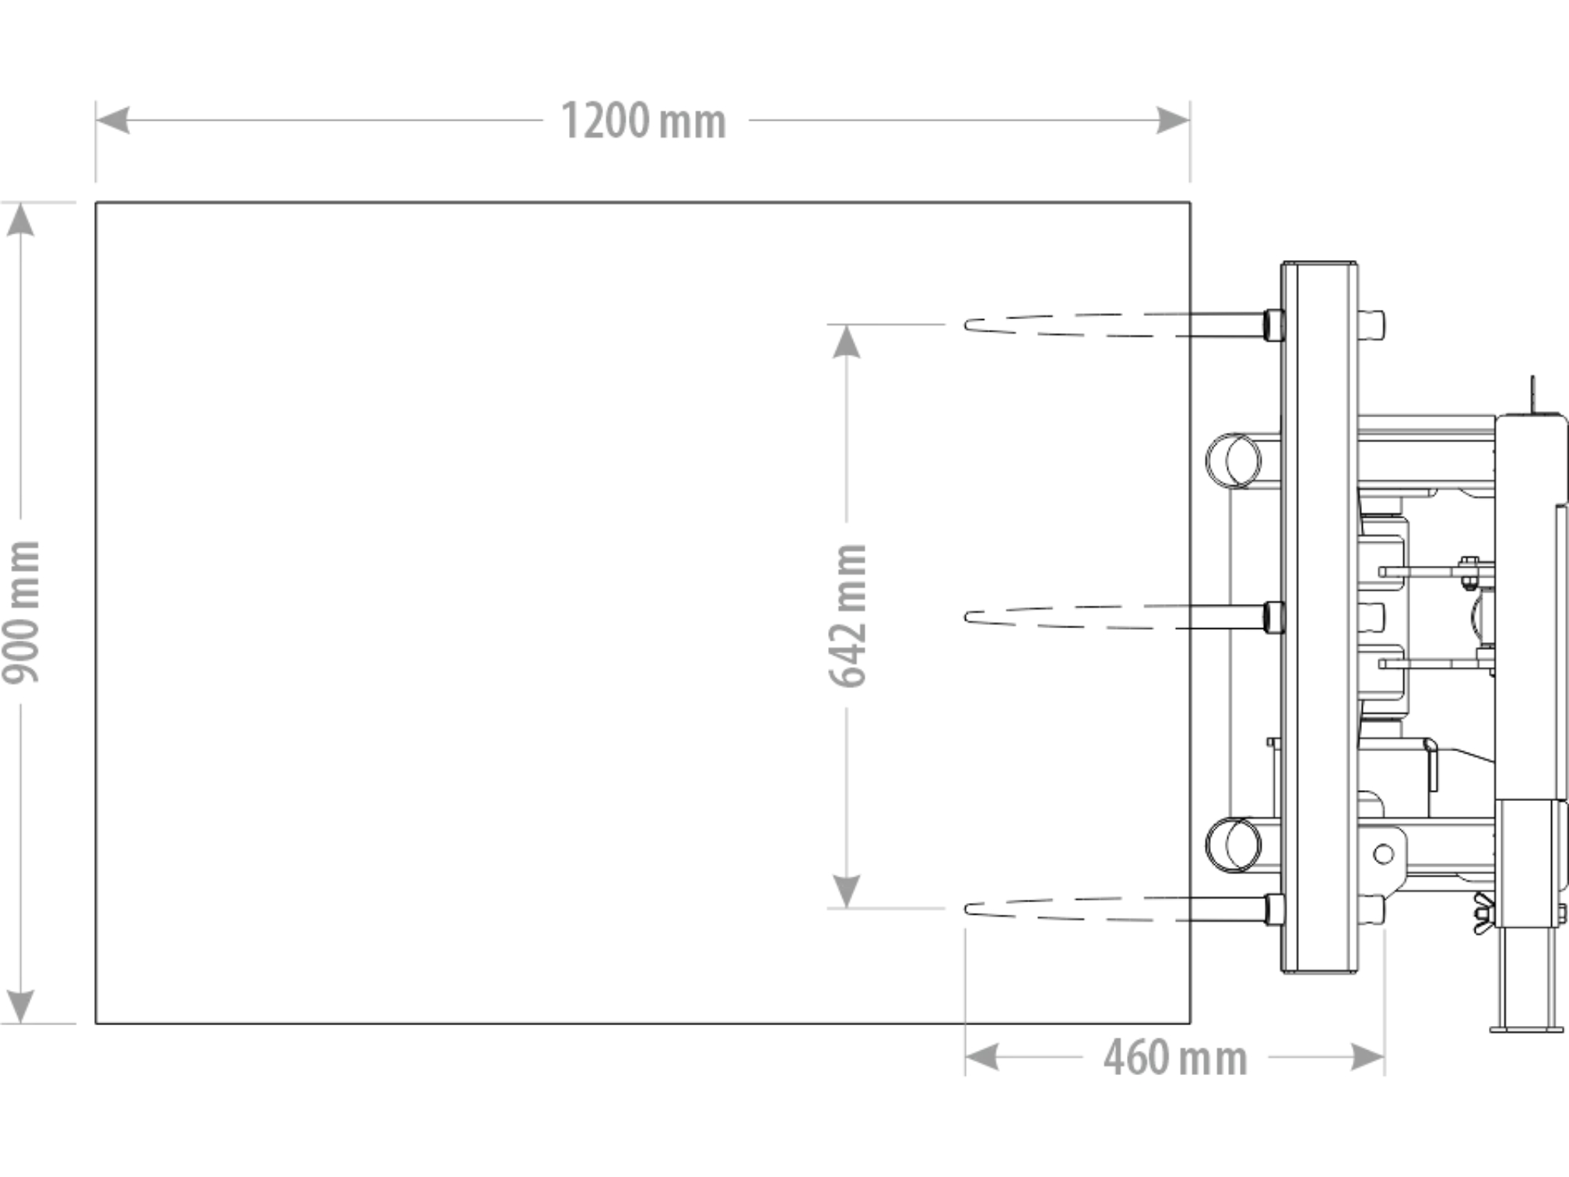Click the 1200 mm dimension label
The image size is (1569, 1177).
[x=643, y=121]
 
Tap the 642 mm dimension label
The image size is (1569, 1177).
[x=848, y=616]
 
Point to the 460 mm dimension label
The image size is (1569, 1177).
[x=1175, y=1057]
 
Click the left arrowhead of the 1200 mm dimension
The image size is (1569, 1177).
[x=112, y=121]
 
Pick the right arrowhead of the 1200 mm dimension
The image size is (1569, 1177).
[x=1174, y=121]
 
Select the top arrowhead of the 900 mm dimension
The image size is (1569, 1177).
[x=20, y=219]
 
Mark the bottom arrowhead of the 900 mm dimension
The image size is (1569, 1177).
[x=20, y=1007]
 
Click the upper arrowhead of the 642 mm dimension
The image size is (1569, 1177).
[x=847, y=341]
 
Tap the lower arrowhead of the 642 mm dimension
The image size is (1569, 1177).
[x=847, y=891]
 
